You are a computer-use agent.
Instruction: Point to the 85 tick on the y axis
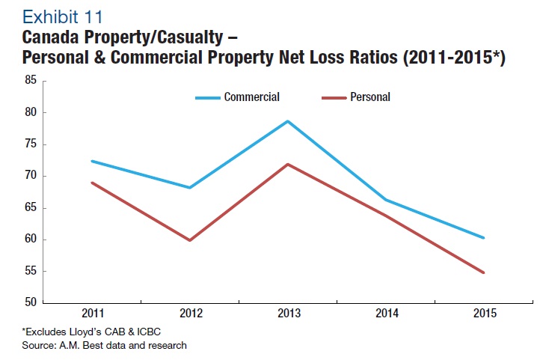coord(31,80)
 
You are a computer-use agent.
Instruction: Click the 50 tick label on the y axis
coord(31,303)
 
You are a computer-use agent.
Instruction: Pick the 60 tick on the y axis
coord(31,240)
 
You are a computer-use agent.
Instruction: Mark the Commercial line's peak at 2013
coord(288,121)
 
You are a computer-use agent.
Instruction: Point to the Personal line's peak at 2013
coord(288,164)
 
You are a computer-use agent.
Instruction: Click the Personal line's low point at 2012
coord(190,240)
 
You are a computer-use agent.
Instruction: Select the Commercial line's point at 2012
coord(190,188)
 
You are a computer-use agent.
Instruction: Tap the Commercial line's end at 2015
coord(484,238)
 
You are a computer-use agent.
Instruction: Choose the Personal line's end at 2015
coord(484,272)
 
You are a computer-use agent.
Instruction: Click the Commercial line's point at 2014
coord(386,200)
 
